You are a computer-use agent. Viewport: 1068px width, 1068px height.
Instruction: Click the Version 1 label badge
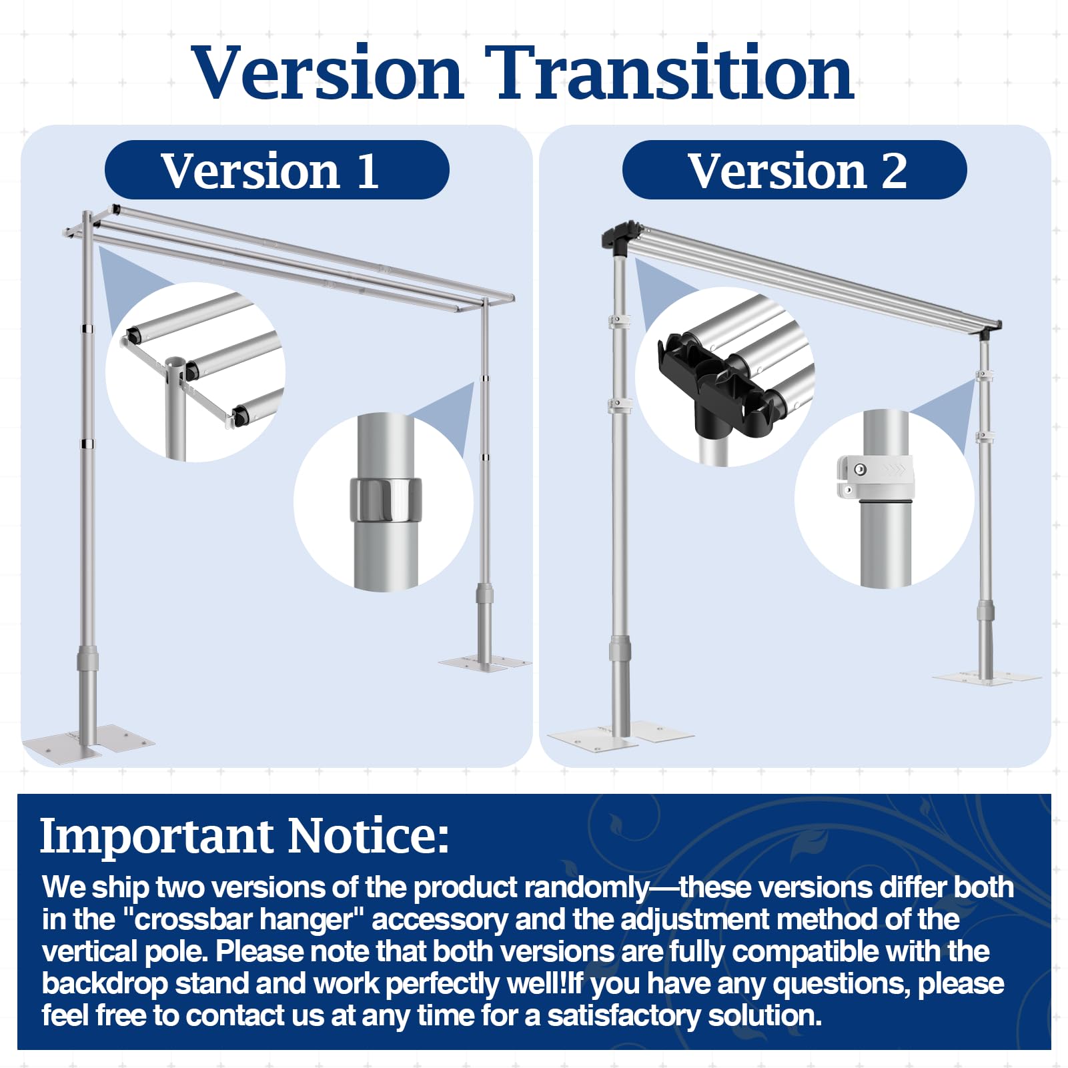pos(277,169)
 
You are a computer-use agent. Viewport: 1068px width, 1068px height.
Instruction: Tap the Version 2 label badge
pos(794,169)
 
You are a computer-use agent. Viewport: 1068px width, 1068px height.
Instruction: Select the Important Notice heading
pos(244,835)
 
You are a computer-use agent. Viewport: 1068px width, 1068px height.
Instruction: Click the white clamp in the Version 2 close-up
pos(875,478)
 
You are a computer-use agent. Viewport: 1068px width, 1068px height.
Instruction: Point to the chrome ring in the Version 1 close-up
pos(386,500)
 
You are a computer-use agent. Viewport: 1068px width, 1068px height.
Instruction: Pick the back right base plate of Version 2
pos(986,677)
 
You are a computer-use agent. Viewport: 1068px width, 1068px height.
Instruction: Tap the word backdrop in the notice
pos(105,984)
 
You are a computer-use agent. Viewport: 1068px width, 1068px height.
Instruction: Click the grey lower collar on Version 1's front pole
pos(87,658)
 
